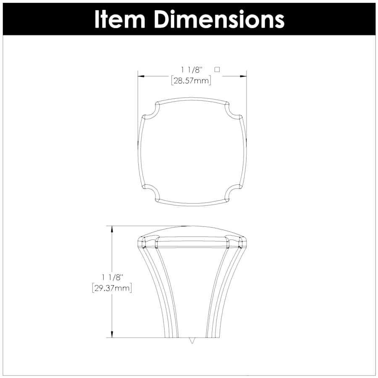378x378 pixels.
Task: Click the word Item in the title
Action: [119, 19]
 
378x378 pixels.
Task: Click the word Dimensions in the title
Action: [219, 19]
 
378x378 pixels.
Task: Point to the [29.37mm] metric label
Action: [112, 288]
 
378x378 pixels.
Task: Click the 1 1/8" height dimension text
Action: [112, 277]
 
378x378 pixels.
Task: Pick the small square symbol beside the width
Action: [217, 69]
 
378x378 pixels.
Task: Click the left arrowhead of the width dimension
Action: [141, 76]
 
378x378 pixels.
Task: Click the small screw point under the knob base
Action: [192, 341]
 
